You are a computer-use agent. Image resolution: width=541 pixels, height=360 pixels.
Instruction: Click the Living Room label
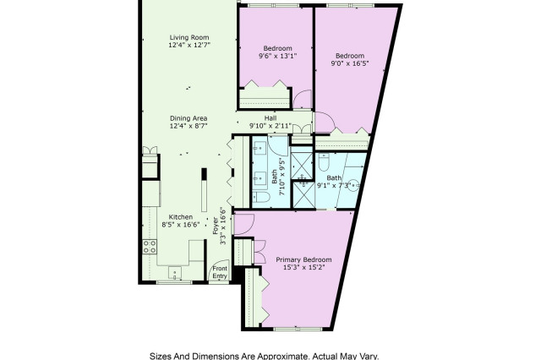(189, 37)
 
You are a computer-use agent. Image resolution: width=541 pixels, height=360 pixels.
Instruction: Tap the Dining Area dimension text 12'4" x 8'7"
(189, 126)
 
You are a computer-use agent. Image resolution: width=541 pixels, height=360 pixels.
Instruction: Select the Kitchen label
(180, 217)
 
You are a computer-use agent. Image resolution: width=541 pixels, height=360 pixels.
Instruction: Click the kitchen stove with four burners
(150, 246)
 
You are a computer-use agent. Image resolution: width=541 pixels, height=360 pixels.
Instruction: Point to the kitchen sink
(175, 272)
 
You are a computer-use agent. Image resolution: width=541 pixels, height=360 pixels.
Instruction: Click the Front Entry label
(220, 272)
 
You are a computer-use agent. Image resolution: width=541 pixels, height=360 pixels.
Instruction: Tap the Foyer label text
(216, 226)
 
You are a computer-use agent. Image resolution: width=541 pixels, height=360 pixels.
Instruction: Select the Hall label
(270, 118)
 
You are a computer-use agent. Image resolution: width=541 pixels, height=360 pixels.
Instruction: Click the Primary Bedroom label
(303, 259)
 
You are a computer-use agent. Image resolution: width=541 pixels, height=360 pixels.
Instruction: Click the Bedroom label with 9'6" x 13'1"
(278, 48)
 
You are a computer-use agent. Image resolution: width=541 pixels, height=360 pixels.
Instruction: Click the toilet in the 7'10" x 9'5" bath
(262, 197)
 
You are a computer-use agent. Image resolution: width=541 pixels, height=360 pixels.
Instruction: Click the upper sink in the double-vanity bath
(260, 149)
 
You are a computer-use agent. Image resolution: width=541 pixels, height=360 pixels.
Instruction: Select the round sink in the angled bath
(355, 185)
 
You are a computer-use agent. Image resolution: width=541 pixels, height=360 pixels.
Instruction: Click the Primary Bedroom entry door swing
(244, 225)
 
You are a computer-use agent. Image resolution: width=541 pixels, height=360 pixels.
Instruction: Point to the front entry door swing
(220, 270)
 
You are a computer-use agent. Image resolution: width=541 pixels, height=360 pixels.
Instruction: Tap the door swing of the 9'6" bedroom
(303, 100)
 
